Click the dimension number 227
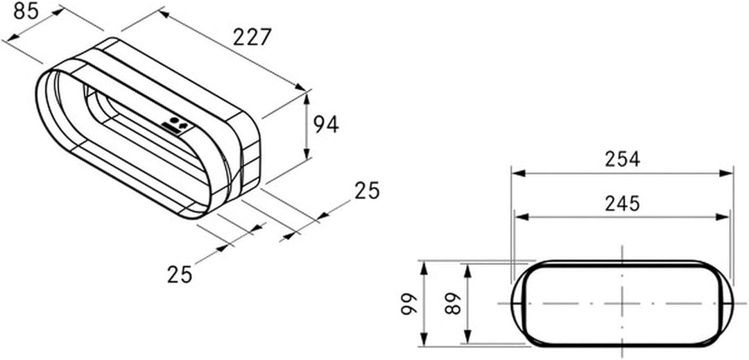tap(252, 37)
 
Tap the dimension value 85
tap(26, 10)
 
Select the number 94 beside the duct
tap(326, 125)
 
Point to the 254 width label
tap(622, 159)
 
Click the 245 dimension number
tap(622, 204)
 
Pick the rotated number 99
tap(409, 304)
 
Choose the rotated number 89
tap(453, 303)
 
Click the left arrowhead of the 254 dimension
tap(518, 173)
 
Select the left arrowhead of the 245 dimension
tap(522, 217)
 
